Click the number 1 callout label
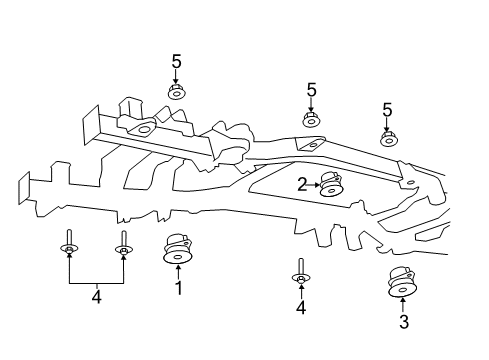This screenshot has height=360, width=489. pyautogui.click(x=178, y=290)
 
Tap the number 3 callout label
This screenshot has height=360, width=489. pyautogui.click(x=403, y=322)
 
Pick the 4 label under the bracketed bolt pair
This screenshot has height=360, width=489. pyautogui.click(x=96, y=296)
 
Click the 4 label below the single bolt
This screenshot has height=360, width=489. pyautogui.click(x=300, y=309)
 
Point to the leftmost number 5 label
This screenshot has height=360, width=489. pyautogui.click(x=176, y=62)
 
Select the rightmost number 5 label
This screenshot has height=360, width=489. pyautogui.click(x=386, y=109)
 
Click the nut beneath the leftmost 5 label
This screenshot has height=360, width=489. pyautogui.click(x=176, y=92)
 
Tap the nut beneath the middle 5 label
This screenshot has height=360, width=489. pyautogui.click(x=311, y=121)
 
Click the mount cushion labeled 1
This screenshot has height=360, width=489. pyautogui.click(x=178, y=249)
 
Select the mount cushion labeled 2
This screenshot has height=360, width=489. pyautogui.click(x=329, y=185)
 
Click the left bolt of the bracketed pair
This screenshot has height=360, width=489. pyautogui.click(x=69, y=246)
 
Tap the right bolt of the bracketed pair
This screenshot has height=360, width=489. pyautogui.click(x=123, y=246)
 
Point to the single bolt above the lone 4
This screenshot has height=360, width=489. pyautogui.click(x=300, y=272)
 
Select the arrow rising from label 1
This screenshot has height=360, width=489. pyautogui.click(x=178, y=273)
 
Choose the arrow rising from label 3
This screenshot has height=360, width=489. pyautogui.click(x=403, y=305)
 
